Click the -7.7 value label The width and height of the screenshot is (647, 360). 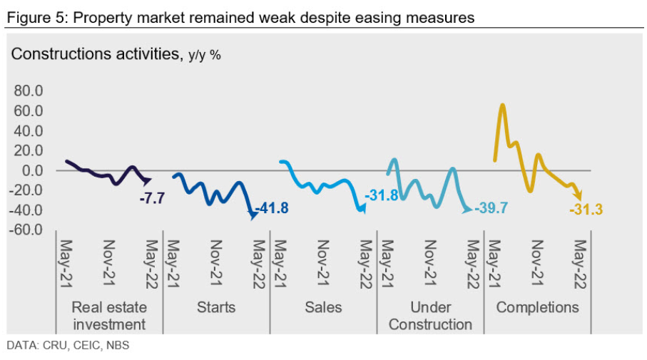pyautogui.click(x=152, y=199)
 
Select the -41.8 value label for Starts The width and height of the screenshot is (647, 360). pyautogui.click(x=272, y=210)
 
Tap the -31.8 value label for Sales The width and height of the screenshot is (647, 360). pyautogui.click(x=382, y=195)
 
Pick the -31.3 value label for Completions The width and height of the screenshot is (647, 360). pyautogui.click(x=586, y=209)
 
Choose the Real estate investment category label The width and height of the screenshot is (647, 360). pyautogui.click(x=109, y=316)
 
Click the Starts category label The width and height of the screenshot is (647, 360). pyautogui.click(x=215, y=308)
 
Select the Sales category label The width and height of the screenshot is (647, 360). pyautogui.click(x=323, y=308)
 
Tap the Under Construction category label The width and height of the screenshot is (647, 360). pyautogui.click(x=431, y=316)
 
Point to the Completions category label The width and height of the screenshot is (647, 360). pyautogui.click(x=538, y=308)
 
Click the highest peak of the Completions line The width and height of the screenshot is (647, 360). pyautogui.click(x=503, y=105)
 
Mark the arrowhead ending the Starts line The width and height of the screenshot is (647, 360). pyautogui.click(x=253, y=216)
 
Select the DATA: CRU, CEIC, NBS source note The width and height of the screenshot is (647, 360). pyautogui.click(x=68, y=346)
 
